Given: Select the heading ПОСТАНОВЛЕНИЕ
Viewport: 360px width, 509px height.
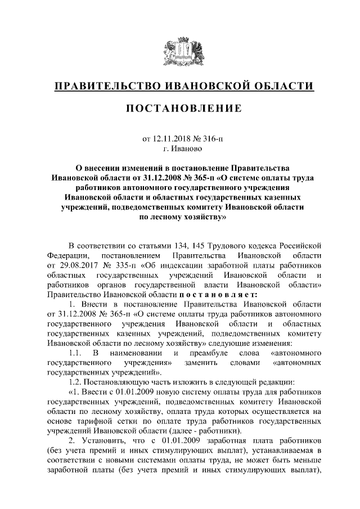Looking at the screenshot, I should tap(179, 108).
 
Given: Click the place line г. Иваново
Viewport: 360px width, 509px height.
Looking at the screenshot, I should tap(179, 149).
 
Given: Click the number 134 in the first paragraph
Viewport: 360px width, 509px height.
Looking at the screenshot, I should tap(179, 245).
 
